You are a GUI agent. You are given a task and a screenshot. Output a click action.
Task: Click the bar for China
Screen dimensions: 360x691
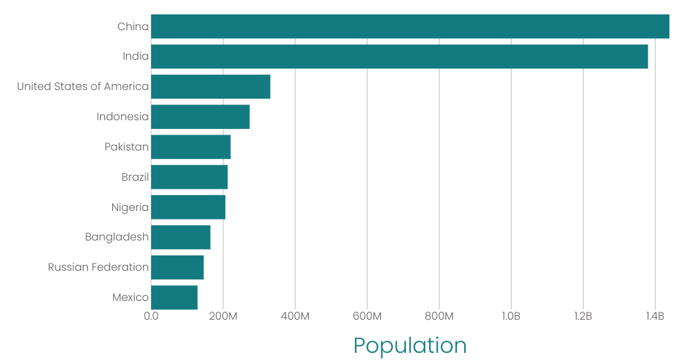[410, 27]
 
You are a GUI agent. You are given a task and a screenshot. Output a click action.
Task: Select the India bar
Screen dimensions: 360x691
[399, 57]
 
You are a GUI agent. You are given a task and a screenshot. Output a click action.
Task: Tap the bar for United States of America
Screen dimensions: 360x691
[210, 86]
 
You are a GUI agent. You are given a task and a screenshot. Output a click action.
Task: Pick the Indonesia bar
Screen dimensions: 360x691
[200, 117]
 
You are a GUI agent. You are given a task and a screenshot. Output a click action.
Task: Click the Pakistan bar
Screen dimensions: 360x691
[191, 147]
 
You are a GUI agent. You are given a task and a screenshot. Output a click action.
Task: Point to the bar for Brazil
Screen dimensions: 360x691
[189, 177]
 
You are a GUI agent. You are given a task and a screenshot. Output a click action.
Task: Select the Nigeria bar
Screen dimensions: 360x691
[188, 207]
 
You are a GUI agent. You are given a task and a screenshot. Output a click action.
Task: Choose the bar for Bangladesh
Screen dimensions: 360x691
[181, 238]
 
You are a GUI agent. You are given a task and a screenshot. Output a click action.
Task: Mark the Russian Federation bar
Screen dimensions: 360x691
[177, 267]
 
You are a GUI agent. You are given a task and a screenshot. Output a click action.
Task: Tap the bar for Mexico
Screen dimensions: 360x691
[174, 297]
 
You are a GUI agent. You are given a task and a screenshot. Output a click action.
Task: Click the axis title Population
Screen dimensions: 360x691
[410, 346]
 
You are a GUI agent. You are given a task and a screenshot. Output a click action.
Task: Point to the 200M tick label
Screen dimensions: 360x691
[223, 316]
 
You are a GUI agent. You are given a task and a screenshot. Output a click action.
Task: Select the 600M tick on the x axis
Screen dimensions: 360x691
[367, 316]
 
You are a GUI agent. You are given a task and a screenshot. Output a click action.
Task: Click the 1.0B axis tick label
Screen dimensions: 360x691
[511, 316]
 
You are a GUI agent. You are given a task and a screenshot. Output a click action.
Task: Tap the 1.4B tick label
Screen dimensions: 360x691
[654, 316]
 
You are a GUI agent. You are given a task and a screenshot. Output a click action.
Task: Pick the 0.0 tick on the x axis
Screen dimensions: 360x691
[151, 316]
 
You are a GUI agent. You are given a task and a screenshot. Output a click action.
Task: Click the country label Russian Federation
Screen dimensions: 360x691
[99, 267]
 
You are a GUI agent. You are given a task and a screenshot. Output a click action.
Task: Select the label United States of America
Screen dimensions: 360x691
[83, 86]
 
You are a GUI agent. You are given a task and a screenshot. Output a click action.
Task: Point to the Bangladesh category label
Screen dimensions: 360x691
[117, 237]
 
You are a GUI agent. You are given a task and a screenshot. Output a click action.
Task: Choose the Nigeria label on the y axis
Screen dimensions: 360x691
[130, 207]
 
